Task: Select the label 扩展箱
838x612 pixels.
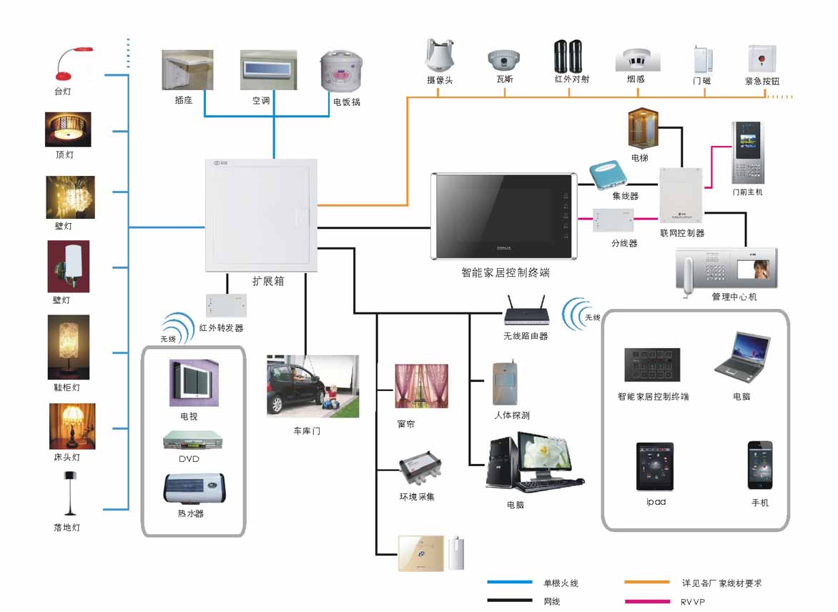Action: tap(268, 281)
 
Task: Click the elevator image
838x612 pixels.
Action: tap(641, 128)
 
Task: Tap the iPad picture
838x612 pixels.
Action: tap(655, 466)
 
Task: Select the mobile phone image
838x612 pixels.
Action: tap(760, 465)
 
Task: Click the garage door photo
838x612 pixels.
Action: tap(312, 386)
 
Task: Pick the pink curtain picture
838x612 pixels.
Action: tap(422, 386)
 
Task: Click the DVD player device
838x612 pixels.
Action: tap(189, 438)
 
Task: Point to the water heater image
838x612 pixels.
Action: tap(190, 489)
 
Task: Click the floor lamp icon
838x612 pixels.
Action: tap(69, 493)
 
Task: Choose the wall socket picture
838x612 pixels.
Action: tap(187, 69)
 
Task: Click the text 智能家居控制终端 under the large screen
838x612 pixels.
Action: tap(506, 272)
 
